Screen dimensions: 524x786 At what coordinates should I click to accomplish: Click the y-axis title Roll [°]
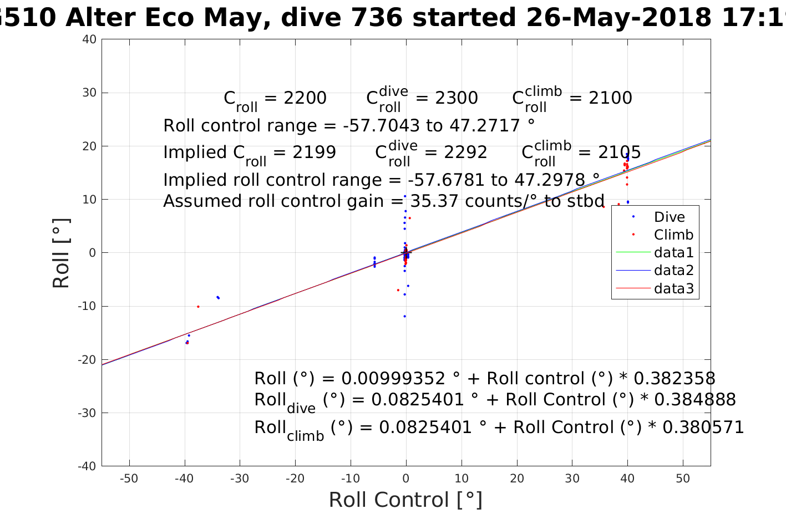tap(61, 253)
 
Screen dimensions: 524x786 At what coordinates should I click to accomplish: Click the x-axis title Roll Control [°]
tap(405, 500)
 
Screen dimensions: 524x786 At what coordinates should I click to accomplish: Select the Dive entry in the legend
tap(669, 217)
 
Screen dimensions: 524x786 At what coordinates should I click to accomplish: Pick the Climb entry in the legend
tap(673, 235)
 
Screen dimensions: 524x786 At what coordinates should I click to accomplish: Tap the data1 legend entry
tap(673, 253)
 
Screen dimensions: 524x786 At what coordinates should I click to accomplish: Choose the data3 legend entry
tap(673, 288)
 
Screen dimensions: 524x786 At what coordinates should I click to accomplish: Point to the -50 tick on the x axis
tap(129, 479)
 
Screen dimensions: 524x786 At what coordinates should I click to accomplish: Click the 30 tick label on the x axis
tap(572, 479)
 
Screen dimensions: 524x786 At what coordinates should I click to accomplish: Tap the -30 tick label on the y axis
tap(87, 413)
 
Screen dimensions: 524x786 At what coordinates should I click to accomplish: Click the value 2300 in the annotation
tap(457, 98)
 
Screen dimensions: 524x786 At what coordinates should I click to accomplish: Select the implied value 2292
tap(466, 152)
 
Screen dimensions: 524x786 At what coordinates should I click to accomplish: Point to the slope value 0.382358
tap(674, 379)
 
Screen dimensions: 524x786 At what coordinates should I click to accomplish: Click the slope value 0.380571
tap(703, 427)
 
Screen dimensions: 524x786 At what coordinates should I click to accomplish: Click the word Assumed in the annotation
tap(198, 201)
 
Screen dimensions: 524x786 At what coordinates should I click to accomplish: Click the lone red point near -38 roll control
tap(198, 307)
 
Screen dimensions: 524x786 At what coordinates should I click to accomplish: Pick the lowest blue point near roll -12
tap(404, 316)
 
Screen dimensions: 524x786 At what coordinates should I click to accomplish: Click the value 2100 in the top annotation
tap(610, 98)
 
